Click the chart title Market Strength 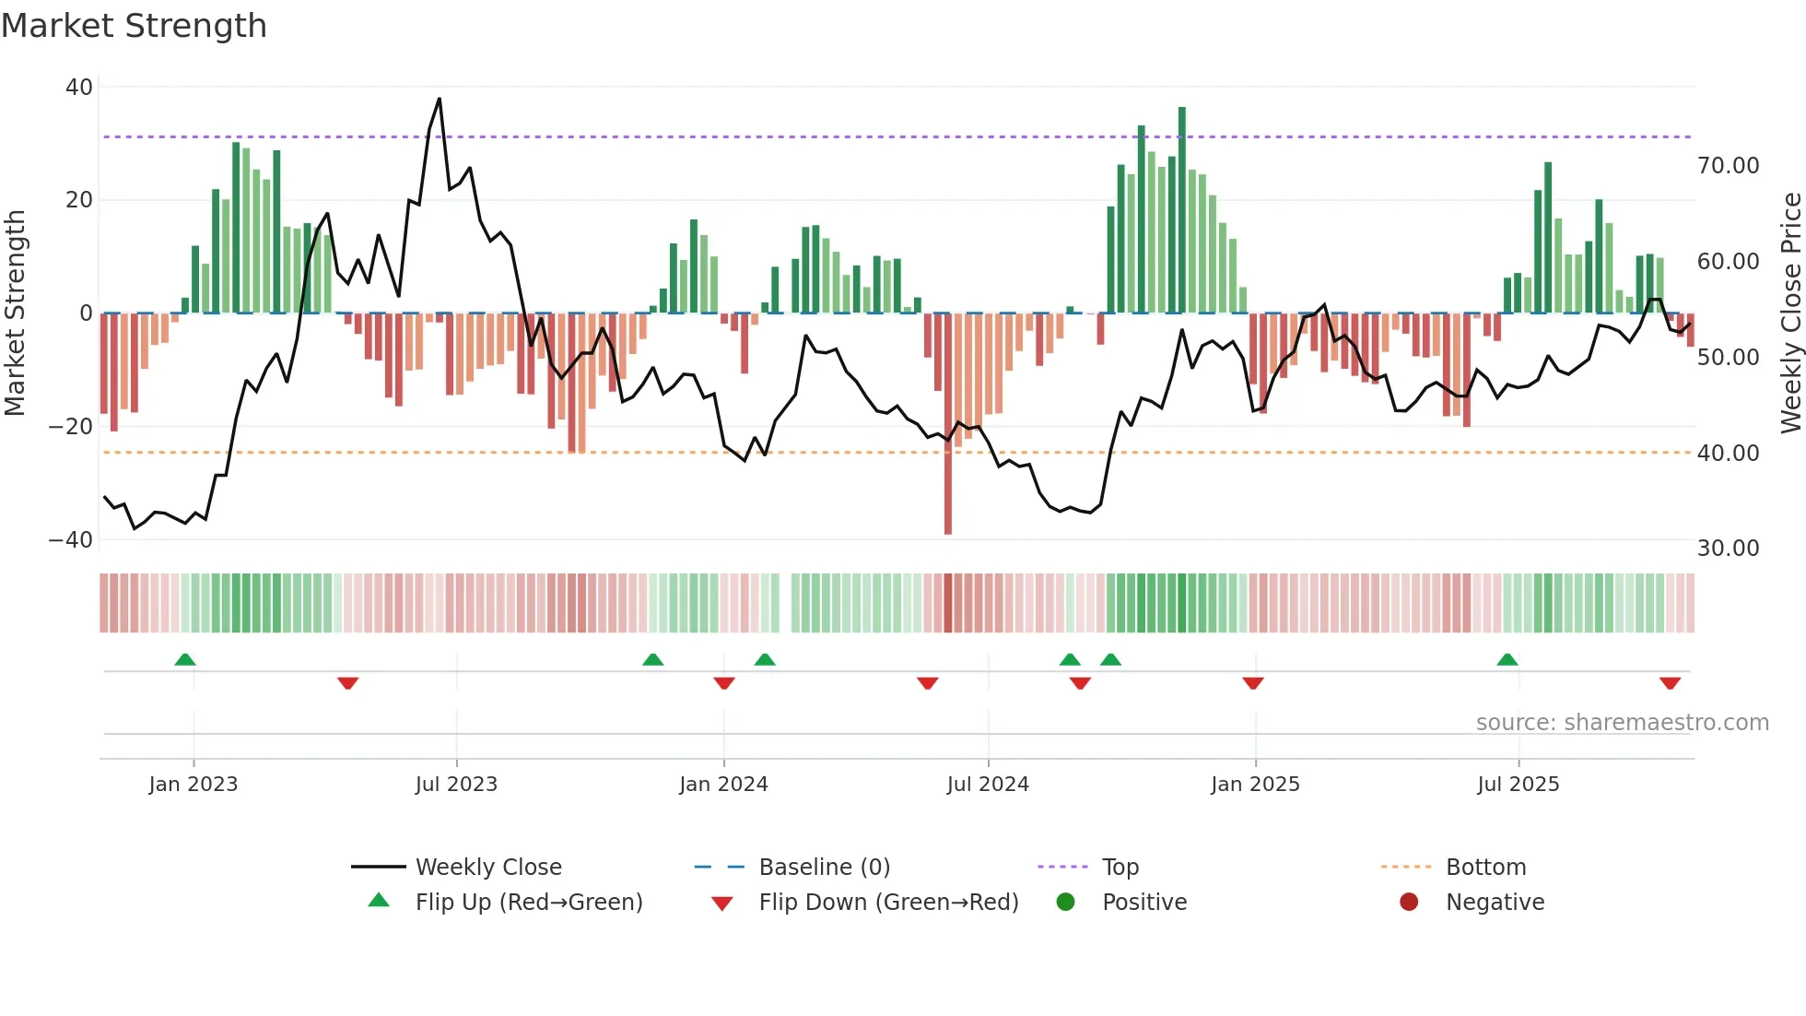click(134, 26)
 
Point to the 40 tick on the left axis click(79, 88)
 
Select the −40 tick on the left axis click(71, 540)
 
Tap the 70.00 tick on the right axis click(1728, 166)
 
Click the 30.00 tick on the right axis click(1728, 549)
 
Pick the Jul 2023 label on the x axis click(456, 785)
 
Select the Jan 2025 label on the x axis click(1255, 785)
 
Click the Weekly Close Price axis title click(1790, 313)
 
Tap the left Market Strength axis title click(15, 313)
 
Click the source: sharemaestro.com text click(1622, 723)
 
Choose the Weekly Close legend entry click(488, 868)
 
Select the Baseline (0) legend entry click(824, 868)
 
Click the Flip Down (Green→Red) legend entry click(888, 903)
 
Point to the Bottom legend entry click(1485, 868)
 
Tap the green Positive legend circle click(1066, 903)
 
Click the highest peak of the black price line click(439, 99)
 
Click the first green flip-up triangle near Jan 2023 click(185, 660)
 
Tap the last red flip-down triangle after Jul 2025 click(1670, 683)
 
